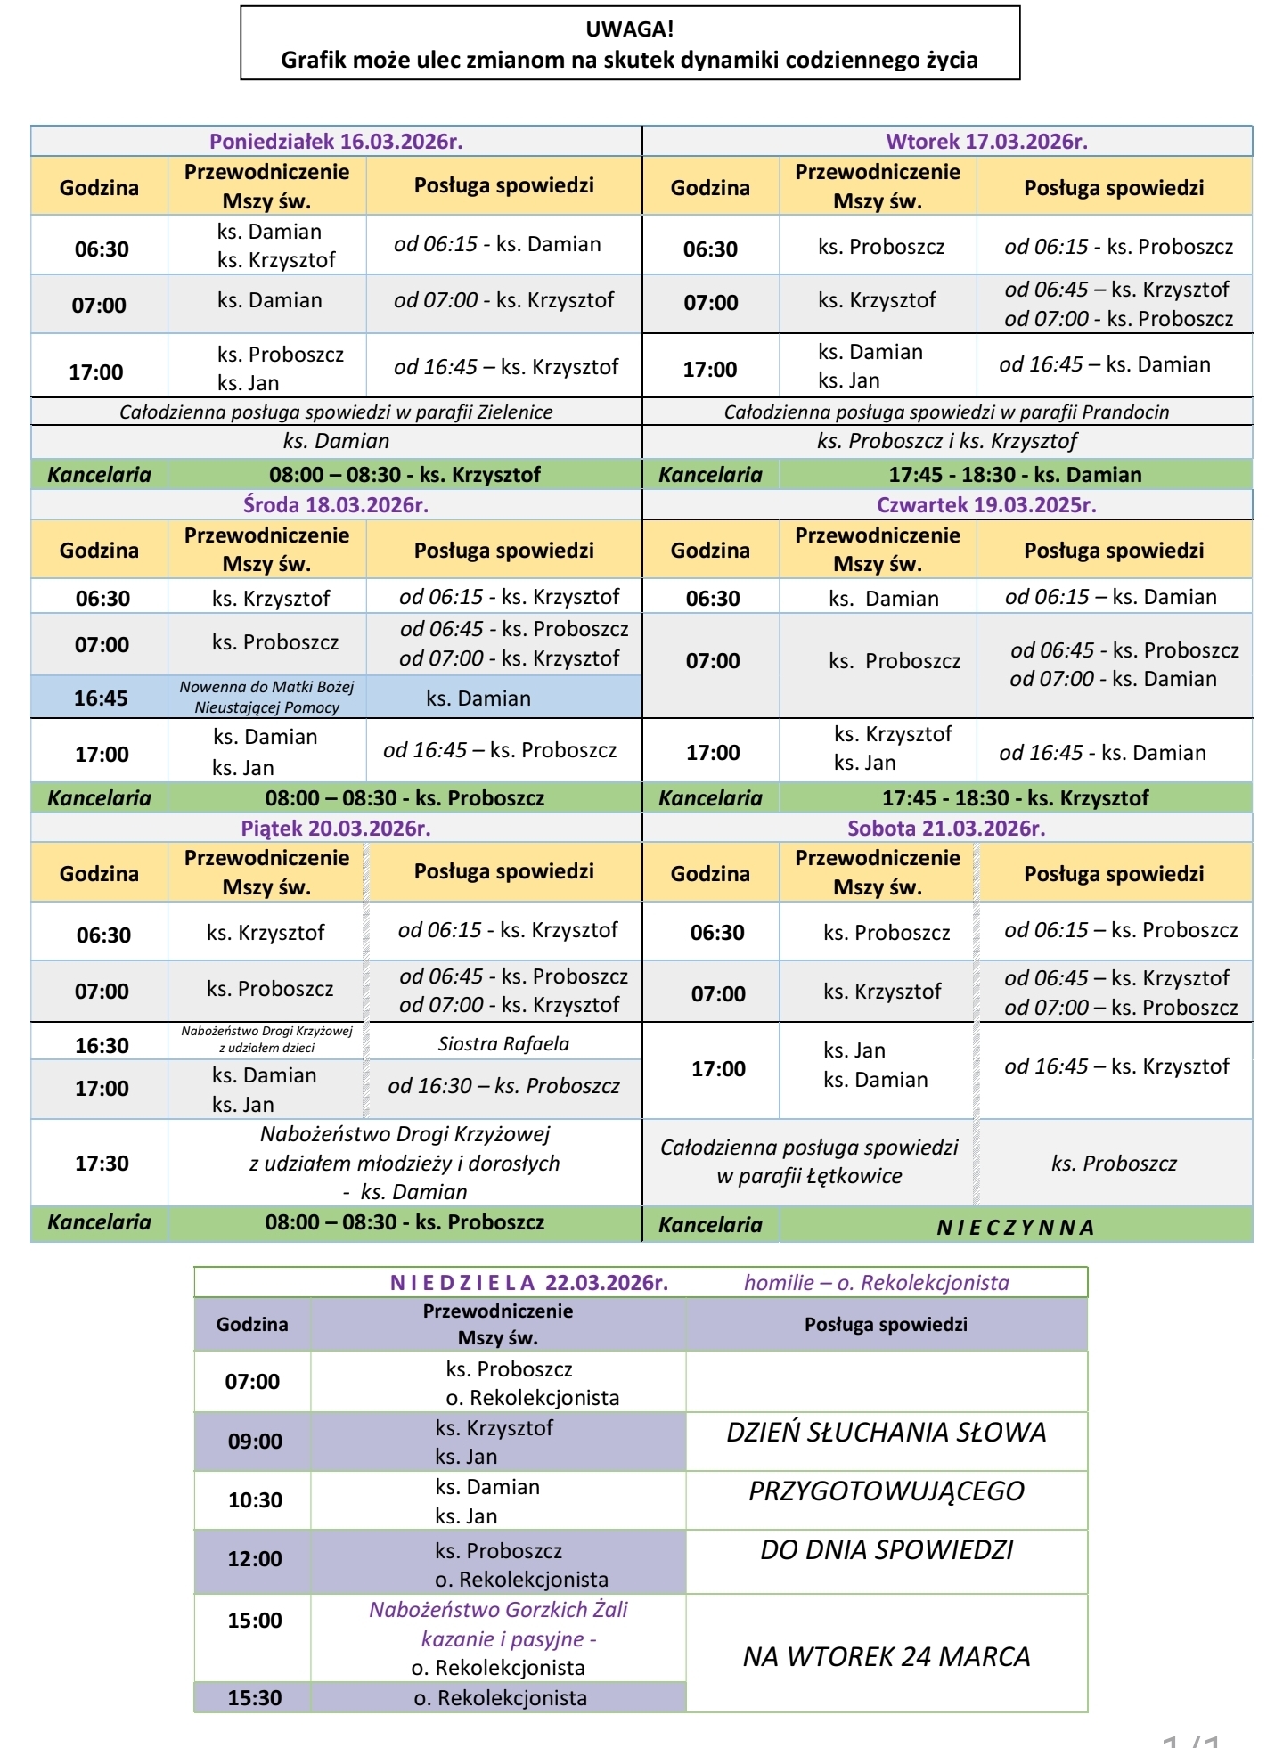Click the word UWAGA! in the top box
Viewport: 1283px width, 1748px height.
(629, 29)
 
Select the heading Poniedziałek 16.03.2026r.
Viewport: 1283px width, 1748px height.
(336, 141)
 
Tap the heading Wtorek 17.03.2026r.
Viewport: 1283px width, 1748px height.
(986, 141)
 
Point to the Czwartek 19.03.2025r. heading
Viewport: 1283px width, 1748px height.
(986, 505)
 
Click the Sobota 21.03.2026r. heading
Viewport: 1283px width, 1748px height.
(946, 828)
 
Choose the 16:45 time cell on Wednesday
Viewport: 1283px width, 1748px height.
(101, 698)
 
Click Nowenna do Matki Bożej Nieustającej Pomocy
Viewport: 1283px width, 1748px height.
(266, 697)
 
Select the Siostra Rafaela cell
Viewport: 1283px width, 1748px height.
(503, 1043)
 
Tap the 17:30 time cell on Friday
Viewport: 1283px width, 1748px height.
(102, 1163)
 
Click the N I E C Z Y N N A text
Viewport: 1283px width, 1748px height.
(1015, 1227)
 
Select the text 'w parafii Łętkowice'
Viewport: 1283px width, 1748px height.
(809, 1176)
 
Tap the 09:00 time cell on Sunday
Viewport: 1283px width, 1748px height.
(255, 1441)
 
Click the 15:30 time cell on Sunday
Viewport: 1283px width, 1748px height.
(255, 1697)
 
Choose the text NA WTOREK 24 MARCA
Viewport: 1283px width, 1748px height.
(887, 1656)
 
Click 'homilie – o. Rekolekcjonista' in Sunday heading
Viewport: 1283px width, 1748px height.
(877, 1282)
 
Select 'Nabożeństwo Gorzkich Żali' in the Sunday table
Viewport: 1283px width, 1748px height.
(498, 1609)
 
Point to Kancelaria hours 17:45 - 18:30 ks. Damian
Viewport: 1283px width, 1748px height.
(1015, 474)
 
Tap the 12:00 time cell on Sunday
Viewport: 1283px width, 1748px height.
(255, 1558)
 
